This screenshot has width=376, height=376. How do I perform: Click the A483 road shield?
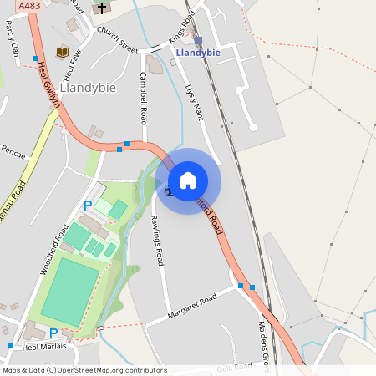[x=28, y=6]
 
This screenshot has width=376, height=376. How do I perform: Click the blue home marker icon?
[x=188, y=180]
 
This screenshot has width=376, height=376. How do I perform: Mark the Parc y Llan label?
[x=12, y=38]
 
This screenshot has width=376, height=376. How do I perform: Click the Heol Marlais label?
[x=43, y=348]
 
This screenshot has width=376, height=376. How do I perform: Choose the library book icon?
[x=62, y=53]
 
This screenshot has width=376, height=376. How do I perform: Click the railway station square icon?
[x=198, y=40]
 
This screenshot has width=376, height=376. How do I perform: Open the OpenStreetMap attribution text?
[x=84, y=369]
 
